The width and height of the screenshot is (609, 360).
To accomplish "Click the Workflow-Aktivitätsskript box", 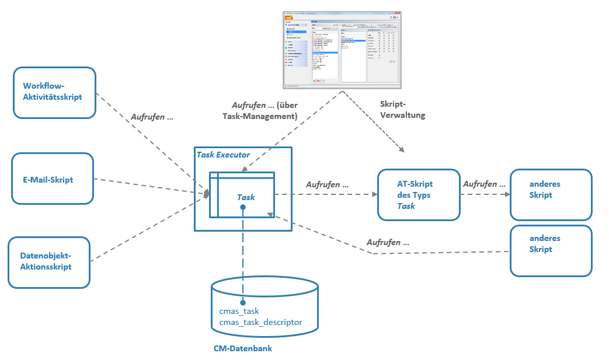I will pos(54,92).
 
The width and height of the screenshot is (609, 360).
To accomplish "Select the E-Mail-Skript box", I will pos(52,179).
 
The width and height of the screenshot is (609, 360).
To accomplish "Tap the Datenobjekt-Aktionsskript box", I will pos(49,262).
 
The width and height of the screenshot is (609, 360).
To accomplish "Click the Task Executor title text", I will pos(223,155).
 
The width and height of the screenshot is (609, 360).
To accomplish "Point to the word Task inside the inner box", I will pos(246,197).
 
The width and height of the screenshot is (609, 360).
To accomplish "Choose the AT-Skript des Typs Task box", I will pos(419,195).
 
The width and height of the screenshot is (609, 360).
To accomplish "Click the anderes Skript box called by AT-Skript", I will pos(551,195).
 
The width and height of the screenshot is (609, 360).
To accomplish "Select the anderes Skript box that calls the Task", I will pos(551,250).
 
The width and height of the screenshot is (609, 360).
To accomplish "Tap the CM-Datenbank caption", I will pos(243,348).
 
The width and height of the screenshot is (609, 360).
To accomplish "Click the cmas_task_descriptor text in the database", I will pos(260,322).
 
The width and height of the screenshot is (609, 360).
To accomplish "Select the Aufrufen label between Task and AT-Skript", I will pos(327,184).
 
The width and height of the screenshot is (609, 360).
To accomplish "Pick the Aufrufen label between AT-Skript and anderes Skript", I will pos(484,184).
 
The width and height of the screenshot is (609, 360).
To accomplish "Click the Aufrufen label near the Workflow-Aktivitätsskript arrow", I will pos(152,116).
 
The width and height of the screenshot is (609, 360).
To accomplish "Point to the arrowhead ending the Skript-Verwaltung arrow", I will pos(402,151).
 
